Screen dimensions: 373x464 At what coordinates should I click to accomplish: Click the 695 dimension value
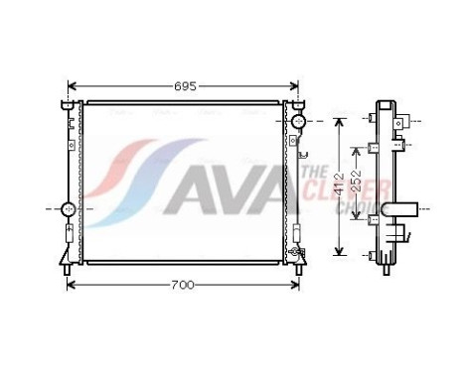pyautogui.click(x=183, y=85)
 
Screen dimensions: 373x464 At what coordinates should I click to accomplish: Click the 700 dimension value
pyautogui.click(x=181, y=285)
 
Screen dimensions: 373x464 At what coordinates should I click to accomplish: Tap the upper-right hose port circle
pyautogui.click(x=297, y=121)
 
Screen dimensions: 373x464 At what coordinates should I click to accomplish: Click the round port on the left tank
pyautogui.click(x=69, y=209)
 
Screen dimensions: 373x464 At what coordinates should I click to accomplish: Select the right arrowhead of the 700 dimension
pyautogui.click(x=296, y=285)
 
